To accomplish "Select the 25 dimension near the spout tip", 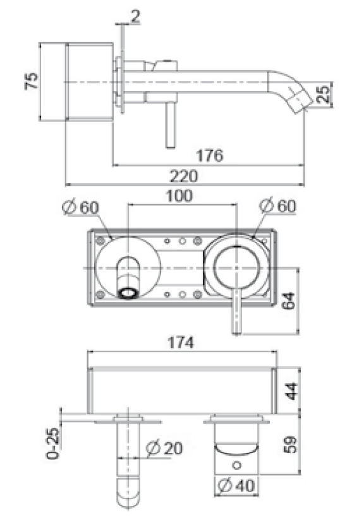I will tap(324, 94).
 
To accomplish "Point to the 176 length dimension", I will tap(209, 155).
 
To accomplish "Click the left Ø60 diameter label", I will tap(82, 207).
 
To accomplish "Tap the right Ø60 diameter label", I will tap(279, 207).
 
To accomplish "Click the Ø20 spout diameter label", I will tap(164, 449).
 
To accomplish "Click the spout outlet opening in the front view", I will tap(128, 293).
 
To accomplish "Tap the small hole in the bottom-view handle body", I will tap(238, 466).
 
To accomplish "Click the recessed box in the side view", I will tap(91, 82).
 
